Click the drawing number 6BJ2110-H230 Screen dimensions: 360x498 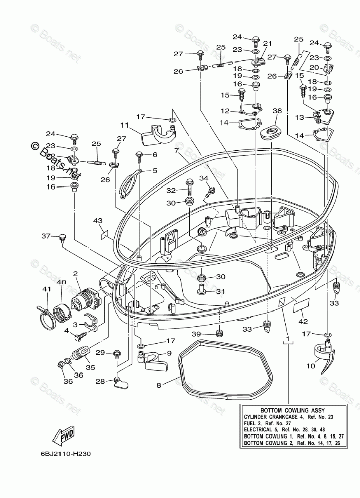tap(66, 454)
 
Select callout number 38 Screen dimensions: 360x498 tap(277, 111)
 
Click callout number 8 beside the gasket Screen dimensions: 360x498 tap(159, 385)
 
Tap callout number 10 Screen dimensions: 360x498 tap(311, 366)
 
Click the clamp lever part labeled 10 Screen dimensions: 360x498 tap(324, 354)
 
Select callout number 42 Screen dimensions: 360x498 tap(303, 321)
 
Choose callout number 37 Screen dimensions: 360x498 tap(46, 236)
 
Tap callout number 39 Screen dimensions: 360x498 tap(196, 334)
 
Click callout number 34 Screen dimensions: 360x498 tap(204, 178)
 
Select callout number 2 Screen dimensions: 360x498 tap(75, 273)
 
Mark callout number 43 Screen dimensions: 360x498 tap(98, 220)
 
